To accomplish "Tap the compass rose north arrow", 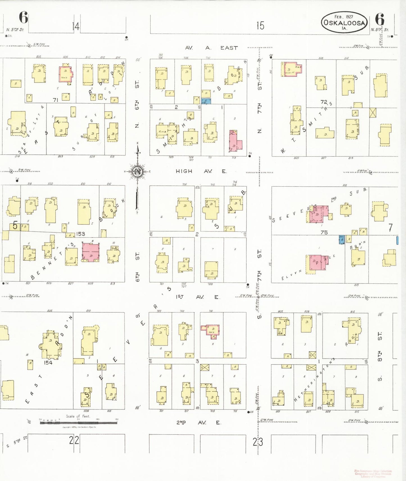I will click(138, 172).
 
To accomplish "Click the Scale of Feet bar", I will click(79, 422).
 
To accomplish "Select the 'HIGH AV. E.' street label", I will click(201, 171).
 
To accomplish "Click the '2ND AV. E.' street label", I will click(198, 422).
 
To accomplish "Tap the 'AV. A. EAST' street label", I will click(211, 48).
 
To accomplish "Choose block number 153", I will click(80, 234).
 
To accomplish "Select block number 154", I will click(48, 363).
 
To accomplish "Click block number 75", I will click(324, 232).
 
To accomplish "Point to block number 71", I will click(56, 100).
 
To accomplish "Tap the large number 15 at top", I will click(260, 26).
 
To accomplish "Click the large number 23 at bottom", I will click(258, 442).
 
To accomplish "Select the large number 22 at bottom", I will click(74, 440).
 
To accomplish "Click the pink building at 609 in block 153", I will click(91, 252).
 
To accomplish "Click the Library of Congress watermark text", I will click(373, 474).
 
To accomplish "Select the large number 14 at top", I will click(75, 26).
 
